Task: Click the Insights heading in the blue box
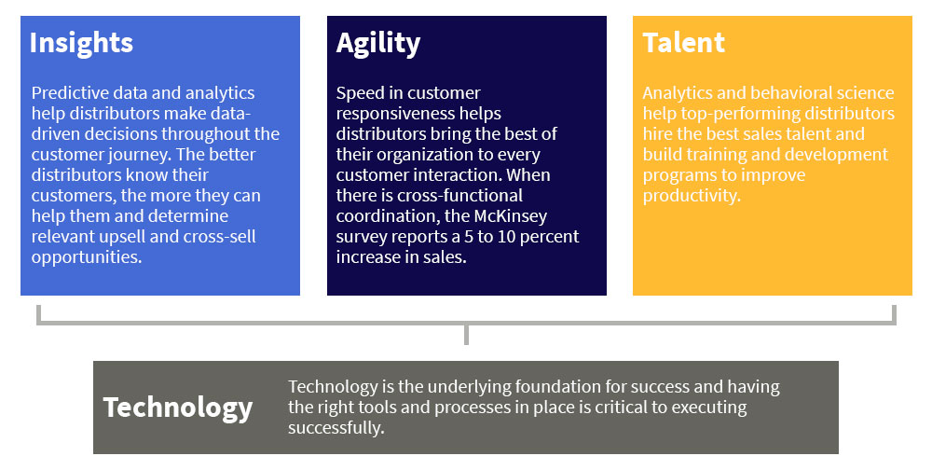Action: click(81, 43)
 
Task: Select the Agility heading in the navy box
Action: click(378, 44)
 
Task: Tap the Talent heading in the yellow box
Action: click(683, 43)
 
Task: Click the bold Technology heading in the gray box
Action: click(178, 408)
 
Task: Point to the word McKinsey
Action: click(511, 216)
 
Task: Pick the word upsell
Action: click(122, 237)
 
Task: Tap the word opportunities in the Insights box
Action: click(87, 257)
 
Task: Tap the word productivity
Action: click(692, 196)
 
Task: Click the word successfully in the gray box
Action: click(336, 428)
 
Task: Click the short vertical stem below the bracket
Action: click(466, 335)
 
